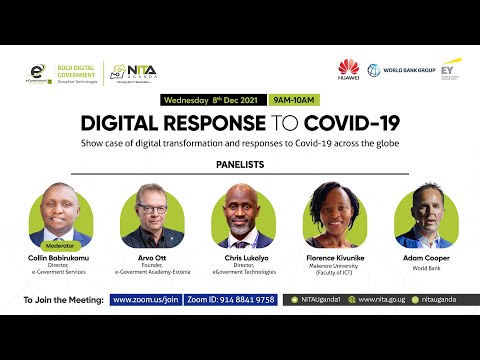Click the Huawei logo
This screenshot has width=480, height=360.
348,70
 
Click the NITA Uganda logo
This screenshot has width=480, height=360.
132,72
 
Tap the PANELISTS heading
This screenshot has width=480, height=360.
240,164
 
